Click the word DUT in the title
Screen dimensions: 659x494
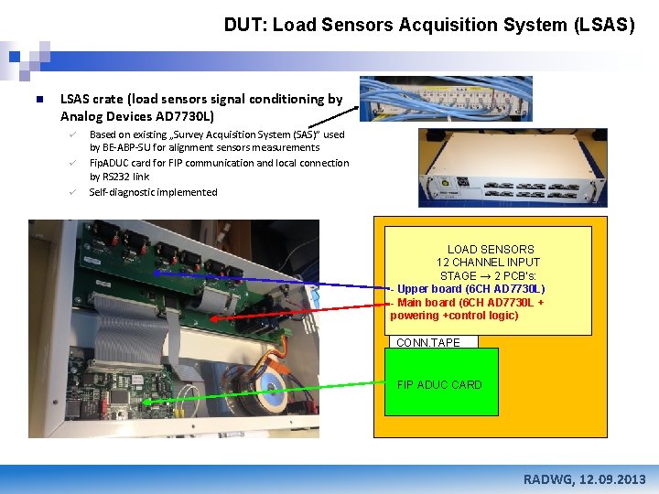pyautogui.click(x=243, y=26)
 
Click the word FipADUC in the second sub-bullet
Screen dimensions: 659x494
pyautogui.click(x=109, y=163)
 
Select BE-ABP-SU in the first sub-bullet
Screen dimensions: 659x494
pyautogui.click(x=127, y=147)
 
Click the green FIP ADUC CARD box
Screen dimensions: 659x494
pyautogui.click(x=440, y=383)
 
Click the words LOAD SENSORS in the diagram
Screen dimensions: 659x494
pyautogui.click(x=491, y=249)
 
